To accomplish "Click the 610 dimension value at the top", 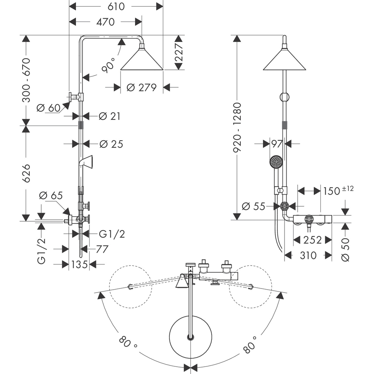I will (116, 6).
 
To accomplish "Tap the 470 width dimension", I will (106, 22).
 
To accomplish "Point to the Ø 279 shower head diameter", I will (142, 88).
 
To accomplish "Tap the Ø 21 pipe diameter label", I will (110, 116).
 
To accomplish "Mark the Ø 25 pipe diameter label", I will (111, 144).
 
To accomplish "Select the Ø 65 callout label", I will (51, 195).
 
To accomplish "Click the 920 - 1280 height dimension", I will (238, 127).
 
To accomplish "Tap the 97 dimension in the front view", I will (277, 144).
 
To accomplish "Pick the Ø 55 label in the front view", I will (254, 206).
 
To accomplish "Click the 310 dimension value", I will (308, 255).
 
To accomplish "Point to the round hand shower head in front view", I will (276, 161).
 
